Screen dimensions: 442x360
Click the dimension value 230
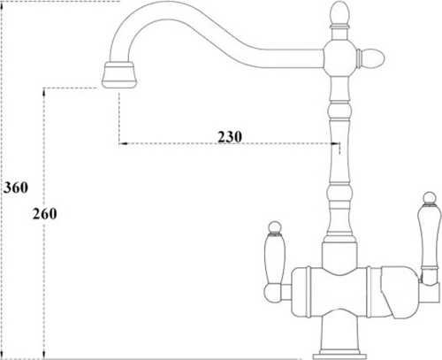(x=230, y=136)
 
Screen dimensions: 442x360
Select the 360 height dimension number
(x=16, y=188)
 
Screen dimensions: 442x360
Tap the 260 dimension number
(x=45, y=214)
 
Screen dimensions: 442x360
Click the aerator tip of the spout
(x=119, y=75)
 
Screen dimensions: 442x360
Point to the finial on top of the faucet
(x=339, y=14)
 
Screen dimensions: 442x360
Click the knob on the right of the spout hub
(x=371, y=58)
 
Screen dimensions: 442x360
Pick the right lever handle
(x=429, y=236)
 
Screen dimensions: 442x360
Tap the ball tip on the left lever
(x=276, y=227)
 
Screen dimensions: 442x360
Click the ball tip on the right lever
(x=429, y=197)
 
